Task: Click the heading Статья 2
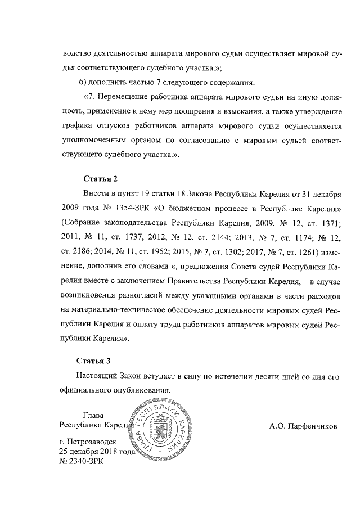[101, 179]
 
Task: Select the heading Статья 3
[94, 361]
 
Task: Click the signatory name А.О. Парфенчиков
[303, 426]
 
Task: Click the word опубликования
[140, 389]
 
